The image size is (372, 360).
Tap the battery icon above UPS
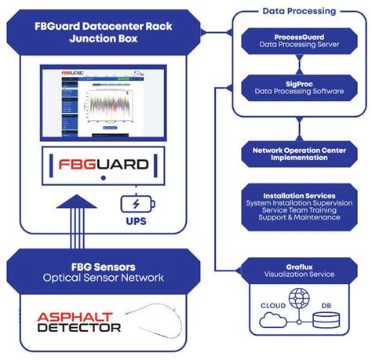pyautogui.click(x=137, y=204)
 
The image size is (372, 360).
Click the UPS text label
pyautogui.click(x=137, y=221)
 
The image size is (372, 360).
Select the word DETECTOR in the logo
pyautogui.click(x=79, y=327)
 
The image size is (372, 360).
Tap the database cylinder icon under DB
pyautogui.click(x=324, y=318)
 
